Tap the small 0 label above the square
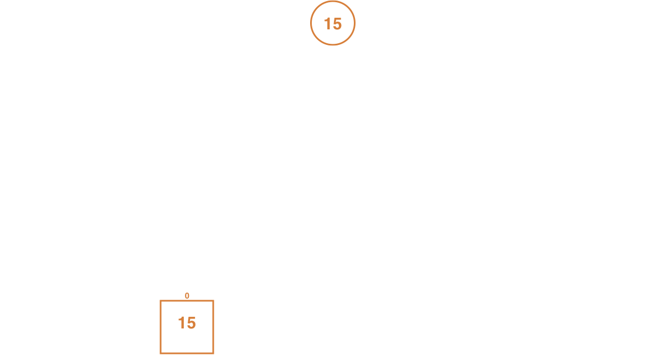[x=187, y=296]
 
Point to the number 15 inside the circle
[x=333, y=24]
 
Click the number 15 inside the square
[x=187, y=323]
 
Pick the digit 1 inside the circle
[x=327, y=24]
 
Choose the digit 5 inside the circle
[x=337, y=24]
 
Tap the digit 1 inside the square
[x=182, y=323]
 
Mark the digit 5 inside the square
[x=191, y=323]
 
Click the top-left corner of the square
[x=161, y=301]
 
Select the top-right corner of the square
[x=213, y=301]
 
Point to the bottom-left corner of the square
[x=161, y=353]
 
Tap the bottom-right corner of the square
[x=213, y=353]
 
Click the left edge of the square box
[x=161, y=327]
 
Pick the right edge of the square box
[x=213, y=327]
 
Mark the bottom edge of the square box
[x=187, y=353]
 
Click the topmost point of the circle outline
[x=333, y=1]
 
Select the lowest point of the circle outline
[x=333, y=44]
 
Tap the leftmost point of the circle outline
[x=311, y=23]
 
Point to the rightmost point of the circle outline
[x=355, y=23]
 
